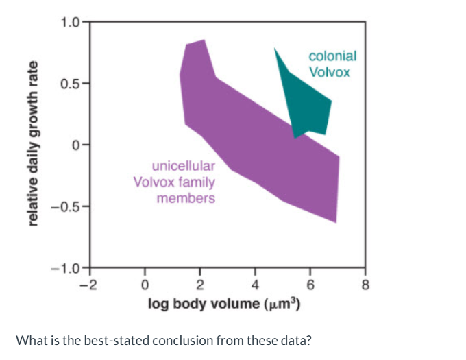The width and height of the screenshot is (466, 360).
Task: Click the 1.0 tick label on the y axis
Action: point(69,21)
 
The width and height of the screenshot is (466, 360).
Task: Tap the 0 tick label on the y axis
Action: point(77,145)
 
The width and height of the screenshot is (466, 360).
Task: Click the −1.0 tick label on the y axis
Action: point(66,268)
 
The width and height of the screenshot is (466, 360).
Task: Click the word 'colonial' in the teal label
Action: point(332,57)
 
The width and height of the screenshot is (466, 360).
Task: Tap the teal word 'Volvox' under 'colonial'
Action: point(329,71)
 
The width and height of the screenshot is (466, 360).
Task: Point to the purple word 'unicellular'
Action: point(183,166)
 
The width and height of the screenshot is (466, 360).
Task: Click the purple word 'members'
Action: point(186,198)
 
